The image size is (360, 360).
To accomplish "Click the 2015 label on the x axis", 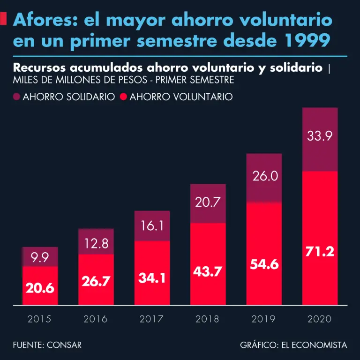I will [39, 319].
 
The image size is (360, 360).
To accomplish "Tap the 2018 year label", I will [208, 319].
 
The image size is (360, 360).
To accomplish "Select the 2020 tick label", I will [320, 319].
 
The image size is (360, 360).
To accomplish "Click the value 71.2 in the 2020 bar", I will [320, 252].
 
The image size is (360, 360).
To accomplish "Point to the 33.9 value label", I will [320, 136].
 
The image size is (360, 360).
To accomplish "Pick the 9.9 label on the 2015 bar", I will [40, 257].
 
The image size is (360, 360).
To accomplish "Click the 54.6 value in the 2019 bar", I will [264, 264].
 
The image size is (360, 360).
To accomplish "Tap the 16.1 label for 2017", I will [152, 226].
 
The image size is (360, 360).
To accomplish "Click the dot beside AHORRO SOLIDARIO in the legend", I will [17, 97].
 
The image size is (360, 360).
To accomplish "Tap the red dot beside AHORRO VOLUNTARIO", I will [124, 97].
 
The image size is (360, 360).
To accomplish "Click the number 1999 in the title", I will [307, 41].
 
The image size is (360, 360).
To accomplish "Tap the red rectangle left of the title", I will [3, 19].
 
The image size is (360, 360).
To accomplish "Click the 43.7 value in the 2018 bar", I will [208, 272].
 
